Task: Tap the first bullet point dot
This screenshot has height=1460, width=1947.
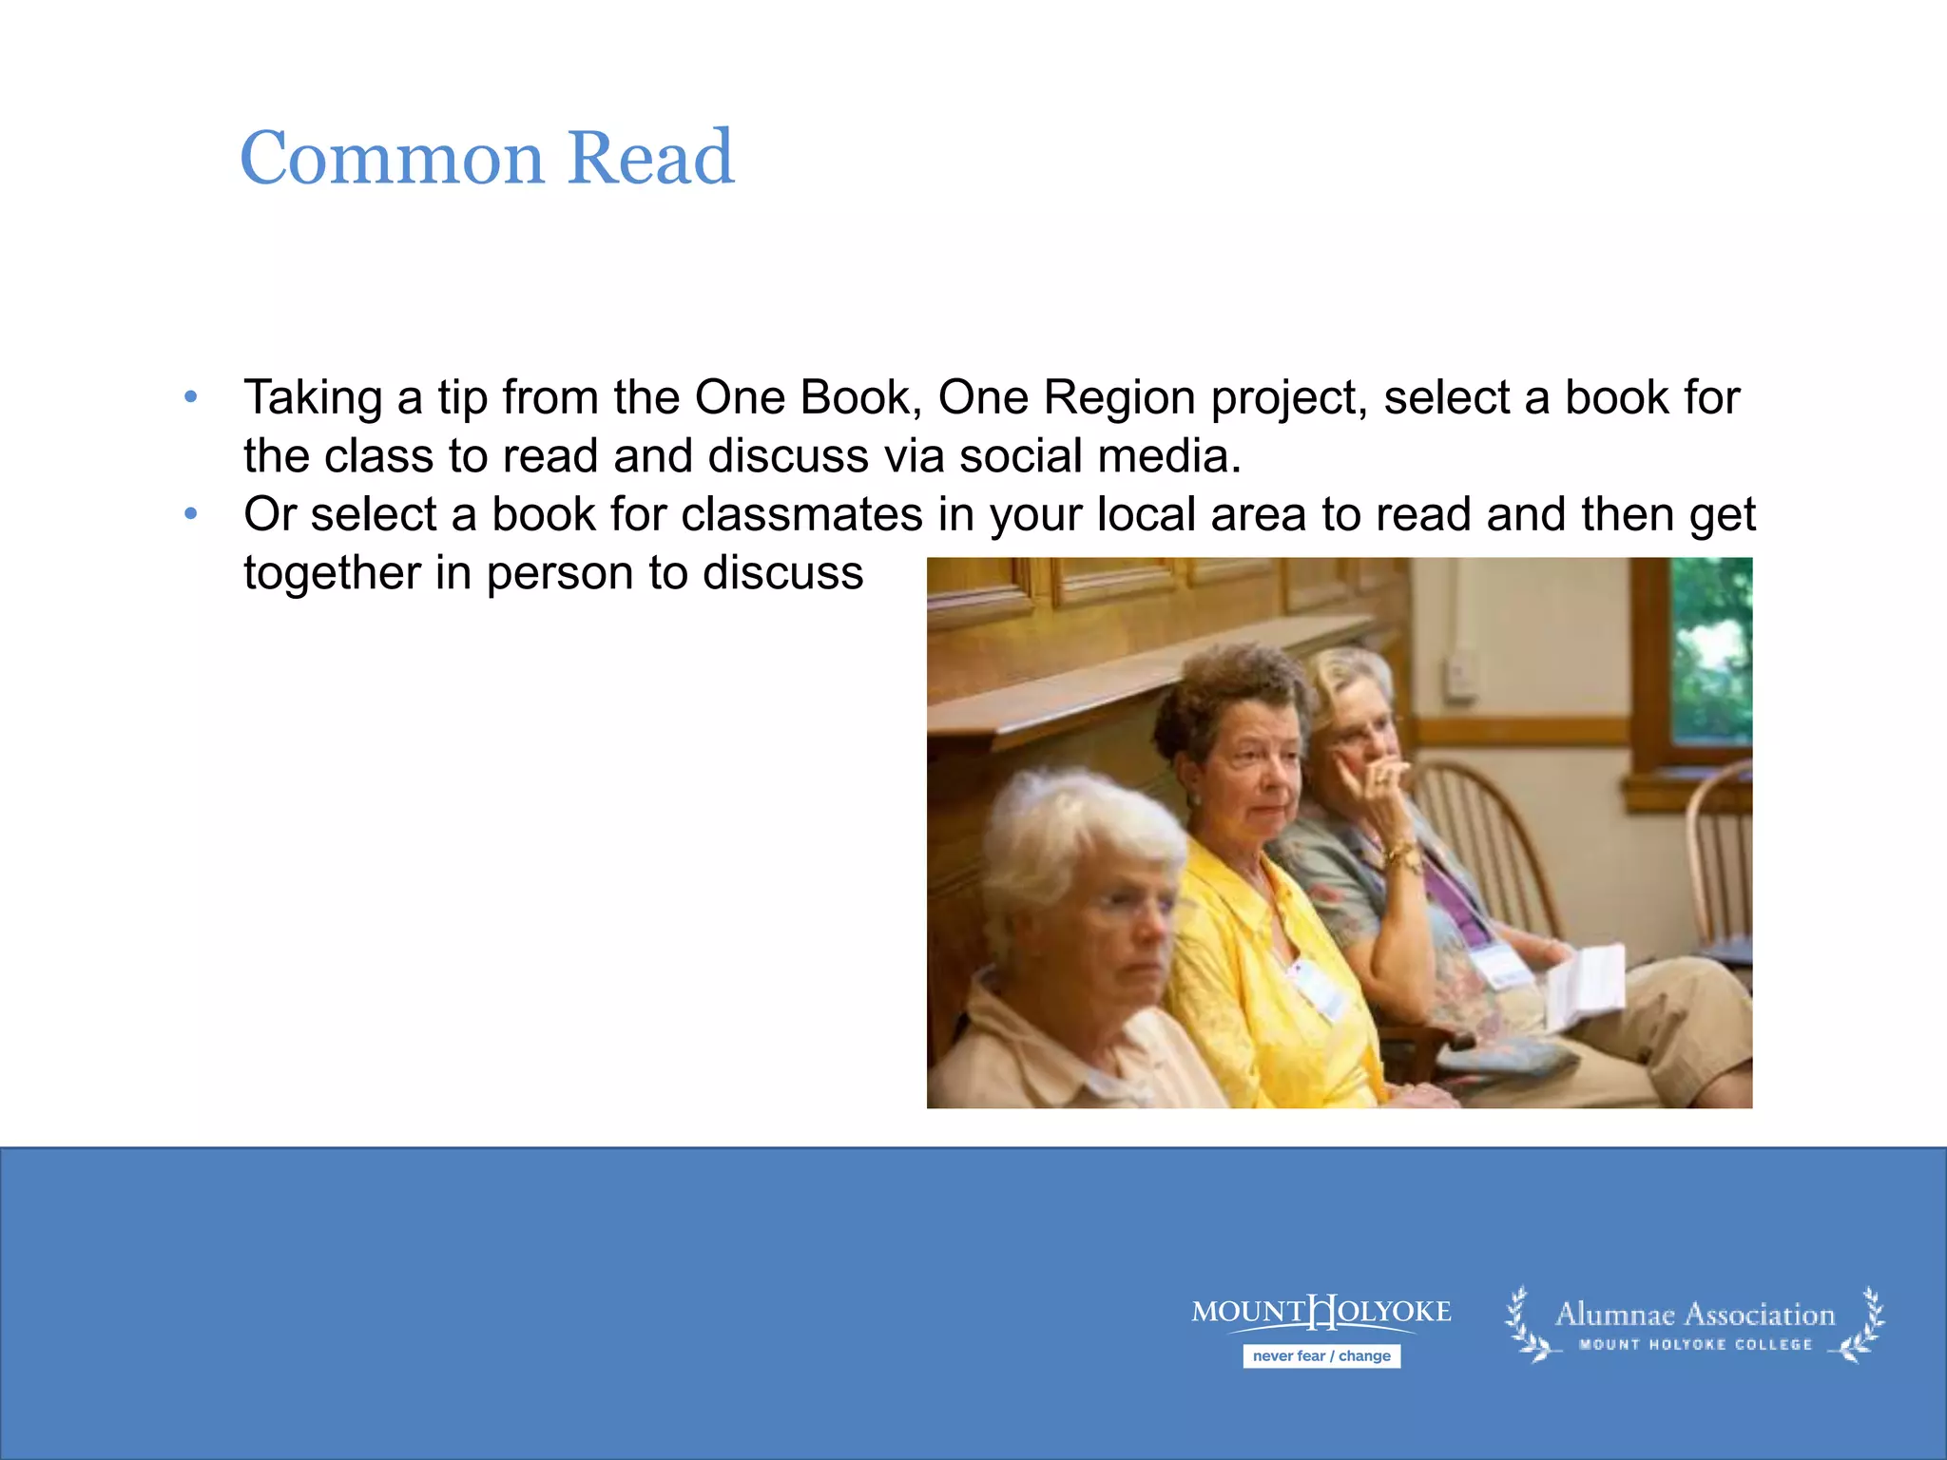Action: (191, 397)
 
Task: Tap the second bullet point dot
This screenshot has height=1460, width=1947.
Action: (191, 514)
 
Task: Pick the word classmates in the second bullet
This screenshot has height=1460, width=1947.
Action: (801, 514)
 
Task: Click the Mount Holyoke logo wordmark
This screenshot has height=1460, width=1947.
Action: (1321, 1313)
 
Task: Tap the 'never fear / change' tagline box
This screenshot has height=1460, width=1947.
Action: (1321, 1356)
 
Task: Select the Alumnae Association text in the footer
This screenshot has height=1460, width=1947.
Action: (1695, 1315)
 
